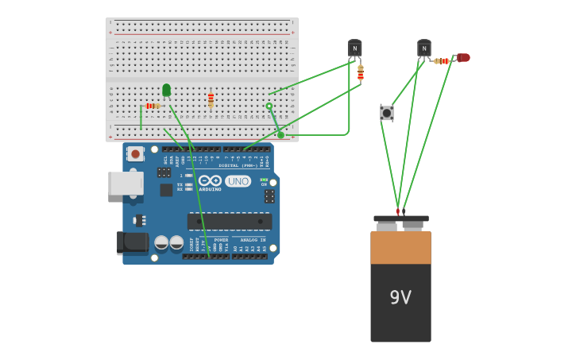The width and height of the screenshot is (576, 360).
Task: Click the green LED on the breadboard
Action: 166,90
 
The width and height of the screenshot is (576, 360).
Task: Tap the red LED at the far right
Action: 462,57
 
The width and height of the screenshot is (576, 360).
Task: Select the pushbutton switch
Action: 387,113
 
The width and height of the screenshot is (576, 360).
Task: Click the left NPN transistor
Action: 354,48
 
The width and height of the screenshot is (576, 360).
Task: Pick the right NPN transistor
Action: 424,48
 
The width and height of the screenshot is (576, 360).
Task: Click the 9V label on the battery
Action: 400,297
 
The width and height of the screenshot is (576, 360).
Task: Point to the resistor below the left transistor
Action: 361,73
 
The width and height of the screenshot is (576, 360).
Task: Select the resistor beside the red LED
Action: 442,61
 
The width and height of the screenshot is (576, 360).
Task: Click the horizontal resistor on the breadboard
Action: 151,106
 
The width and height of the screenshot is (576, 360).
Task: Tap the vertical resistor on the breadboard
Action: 211,99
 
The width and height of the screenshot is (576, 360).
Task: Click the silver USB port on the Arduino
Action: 125,184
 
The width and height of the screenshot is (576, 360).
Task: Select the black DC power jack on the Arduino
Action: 131,242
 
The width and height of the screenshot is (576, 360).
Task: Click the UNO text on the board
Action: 238,181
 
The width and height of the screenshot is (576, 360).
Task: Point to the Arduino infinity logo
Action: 210,180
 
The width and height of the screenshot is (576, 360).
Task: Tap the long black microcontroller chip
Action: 229,221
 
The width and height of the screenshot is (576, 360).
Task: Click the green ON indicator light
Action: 264,180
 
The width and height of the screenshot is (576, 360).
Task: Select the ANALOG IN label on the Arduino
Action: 252,240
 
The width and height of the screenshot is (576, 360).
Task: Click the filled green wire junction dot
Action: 280,135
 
